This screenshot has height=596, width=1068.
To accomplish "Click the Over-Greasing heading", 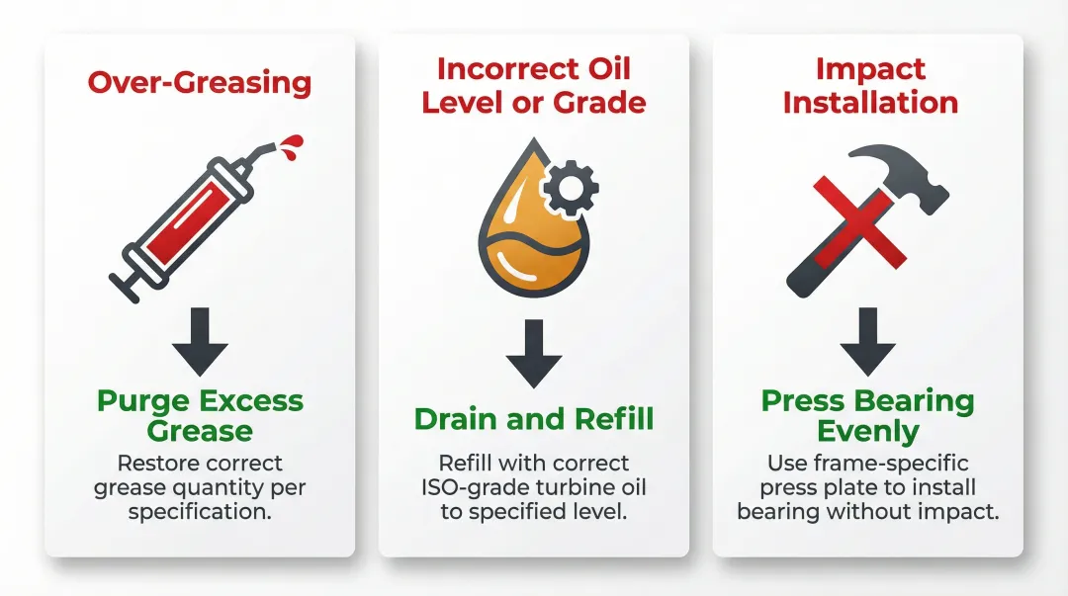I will click(x=199, y=81).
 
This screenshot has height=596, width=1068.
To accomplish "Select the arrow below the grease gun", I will click(x=200, y=341).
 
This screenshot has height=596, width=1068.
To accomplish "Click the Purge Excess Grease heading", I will click(x=200, y=416).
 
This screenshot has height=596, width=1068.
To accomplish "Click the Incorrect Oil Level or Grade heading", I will click(x=534, y=85).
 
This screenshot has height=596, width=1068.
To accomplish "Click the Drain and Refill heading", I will click(x=534, y=419).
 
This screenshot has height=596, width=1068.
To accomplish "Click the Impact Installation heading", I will click(x=870, y=85).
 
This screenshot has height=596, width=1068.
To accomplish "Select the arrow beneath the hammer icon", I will click(x=868, y=341).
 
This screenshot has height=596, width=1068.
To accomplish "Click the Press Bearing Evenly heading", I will click(x=868, y=416).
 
